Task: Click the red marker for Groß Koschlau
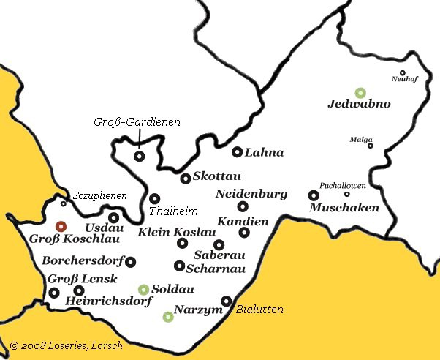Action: coord(61,226)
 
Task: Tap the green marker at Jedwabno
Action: coord(360,93)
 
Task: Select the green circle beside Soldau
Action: coord(144,289)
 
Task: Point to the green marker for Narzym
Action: coord(168,316)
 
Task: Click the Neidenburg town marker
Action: coord(243,206)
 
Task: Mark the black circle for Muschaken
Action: coord(314,195)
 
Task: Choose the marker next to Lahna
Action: coord(237,152)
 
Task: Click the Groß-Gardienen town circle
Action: coord(139,156)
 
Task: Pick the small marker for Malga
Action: coord(370,146)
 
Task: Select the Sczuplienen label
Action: coord(99,196)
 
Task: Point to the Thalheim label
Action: coord(173,211)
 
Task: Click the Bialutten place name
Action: coord(259,310)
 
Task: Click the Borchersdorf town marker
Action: coord(131,261)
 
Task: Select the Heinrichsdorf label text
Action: coord(108,301)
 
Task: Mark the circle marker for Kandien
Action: coord(244,233)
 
